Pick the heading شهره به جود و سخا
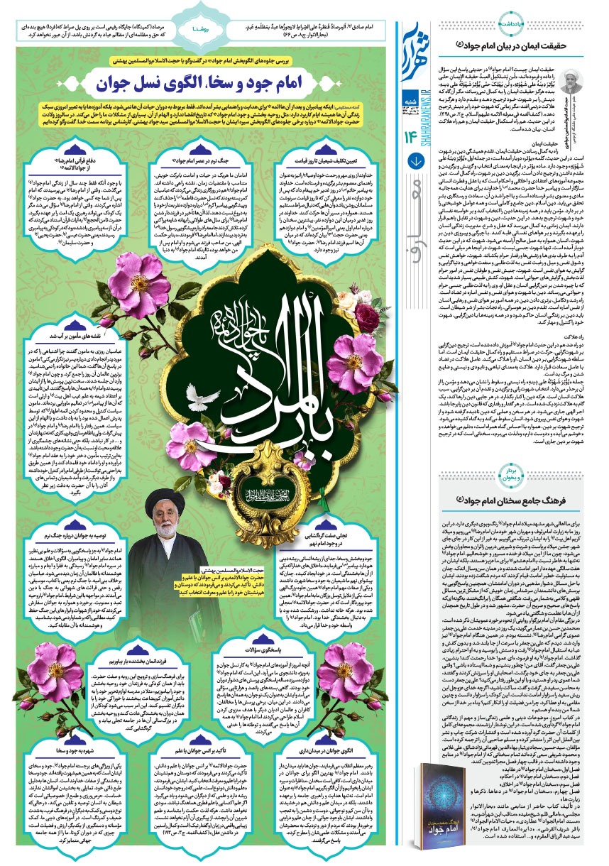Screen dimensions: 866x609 [62, 747]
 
